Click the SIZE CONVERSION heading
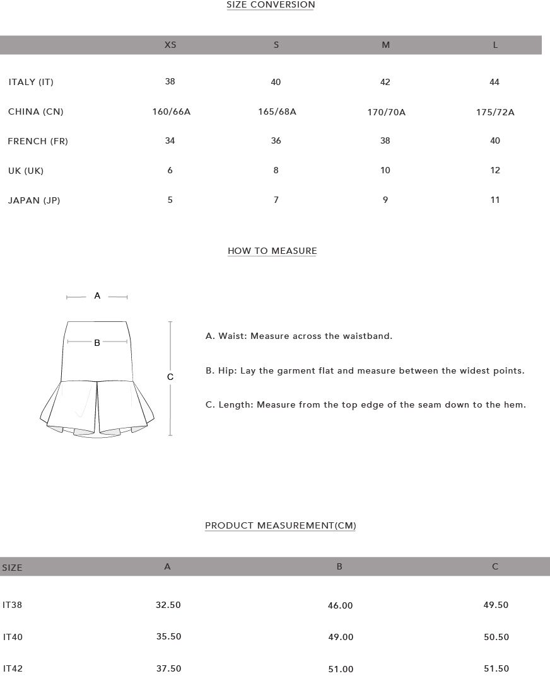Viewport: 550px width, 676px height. pyautogui.click(x=271, y=5)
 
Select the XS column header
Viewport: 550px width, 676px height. pyautogui.click(x=170, y=45)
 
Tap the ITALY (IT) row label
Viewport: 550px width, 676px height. pyautogui.click(x=31, y=82)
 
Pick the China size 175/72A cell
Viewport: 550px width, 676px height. pyautogui.click(x=495, y=112)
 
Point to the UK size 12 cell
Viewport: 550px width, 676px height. pyautogui.click(x=495, y=170)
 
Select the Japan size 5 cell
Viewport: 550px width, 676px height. pyautogui.click(x=170, y=200)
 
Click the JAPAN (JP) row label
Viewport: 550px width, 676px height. pyautogui.click(x=34, y=200)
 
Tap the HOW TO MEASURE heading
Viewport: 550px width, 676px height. pyautogui.click(x=272, y=251)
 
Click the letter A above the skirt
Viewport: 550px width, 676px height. pyautogui.click(x=97, y=295)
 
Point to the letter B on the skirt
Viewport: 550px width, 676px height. pyautogui.click(x=97, y=343)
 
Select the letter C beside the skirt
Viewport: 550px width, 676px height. pyautogui.click(x=170, y=377)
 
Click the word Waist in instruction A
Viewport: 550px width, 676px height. pyautogui.click(x=232, y=336)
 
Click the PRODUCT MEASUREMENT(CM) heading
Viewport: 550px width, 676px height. pyautogui.click(x=280, y=525)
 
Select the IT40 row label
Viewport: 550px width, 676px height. pyautogui.click(x=13, y=637)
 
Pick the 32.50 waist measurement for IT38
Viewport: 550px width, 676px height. pyautogui.click(x=168, y=605)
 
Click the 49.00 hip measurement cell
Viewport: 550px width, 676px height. pyautogui.click(x=341, y=637)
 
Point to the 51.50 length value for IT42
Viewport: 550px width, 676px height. pyautogui.click(x=496, y=668)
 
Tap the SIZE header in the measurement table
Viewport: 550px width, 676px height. pyautogui.click(x=12, y=568)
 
